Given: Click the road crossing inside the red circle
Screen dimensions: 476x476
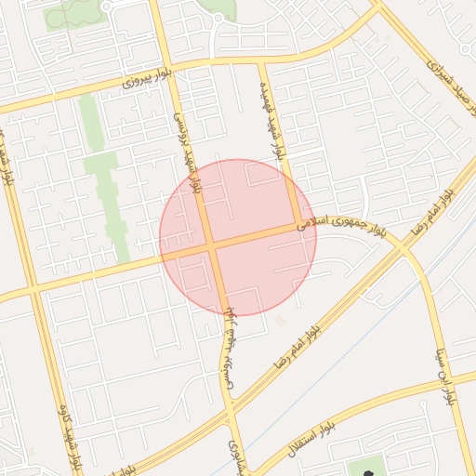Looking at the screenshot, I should pos(210,247).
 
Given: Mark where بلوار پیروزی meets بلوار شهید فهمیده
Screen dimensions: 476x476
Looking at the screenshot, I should pos(262,63).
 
